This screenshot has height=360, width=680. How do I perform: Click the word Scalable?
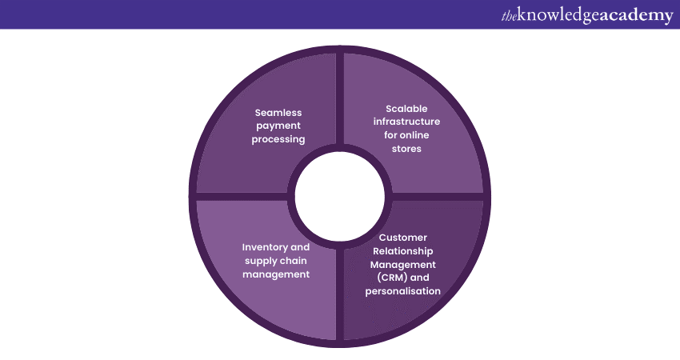407,109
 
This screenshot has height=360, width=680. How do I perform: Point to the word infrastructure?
407,122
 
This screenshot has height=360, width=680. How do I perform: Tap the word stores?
407,149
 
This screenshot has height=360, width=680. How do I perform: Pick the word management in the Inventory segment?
276,274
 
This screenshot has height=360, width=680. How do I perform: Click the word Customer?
403,238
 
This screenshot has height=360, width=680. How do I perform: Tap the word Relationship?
403,250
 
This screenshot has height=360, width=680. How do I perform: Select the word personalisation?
403,290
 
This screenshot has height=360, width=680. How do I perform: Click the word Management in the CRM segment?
403,264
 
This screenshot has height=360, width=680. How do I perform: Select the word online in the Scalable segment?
425,136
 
